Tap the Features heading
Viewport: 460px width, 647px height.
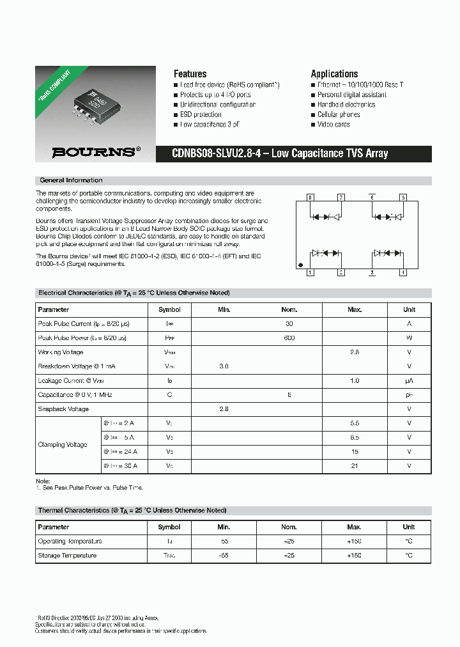click(x=190, y=74)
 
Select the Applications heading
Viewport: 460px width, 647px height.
click(x=334, y=74)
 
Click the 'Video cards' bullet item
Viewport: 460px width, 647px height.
click(x=333, y=125)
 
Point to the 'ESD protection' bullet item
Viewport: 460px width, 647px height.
click(x=201, y=114)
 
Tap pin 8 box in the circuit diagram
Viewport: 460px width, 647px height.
click(x=310, y=198)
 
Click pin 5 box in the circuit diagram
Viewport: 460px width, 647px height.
click(x=403, y=198)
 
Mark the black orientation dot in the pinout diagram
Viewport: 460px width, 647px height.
click(x=302, y=265)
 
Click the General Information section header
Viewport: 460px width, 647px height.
click(x=71, y=180)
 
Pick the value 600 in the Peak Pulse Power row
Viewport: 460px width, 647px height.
click(x=289, y=338)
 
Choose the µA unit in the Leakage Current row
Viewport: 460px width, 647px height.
click(x=409, y=380)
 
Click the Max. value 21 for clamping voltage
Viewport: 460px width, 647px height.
click(x=355, y=466)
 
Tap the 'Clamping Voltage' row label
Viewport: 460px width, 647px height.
click(x=63, y=444)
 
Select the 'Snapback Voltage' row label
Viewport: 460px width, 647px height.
click(x=63, y=409)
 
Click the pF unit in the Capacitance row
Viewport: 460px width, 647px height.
click(x=409, y=395)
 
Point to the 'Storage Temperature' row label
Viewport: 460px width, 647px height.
click(x=67, y=556)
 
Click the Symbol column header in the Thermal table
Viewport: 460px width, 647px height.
click(x=169, y=527)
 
